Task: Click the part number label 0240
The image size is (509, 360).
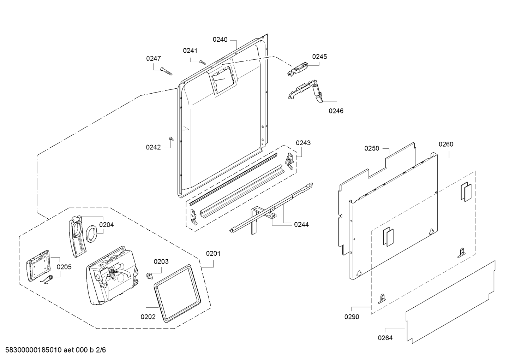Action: (220, 40)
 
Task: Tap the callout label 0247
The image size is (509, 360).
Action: (154, 58)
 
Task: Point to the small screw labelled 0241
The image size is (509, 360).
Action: (202, 61)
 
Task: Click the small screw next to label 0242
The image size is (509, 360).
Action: (172, 139)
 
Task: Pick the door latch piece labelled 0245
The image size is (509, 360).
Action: (298, 69)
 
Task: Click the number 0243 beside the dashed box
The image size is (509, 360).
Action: (303, 143)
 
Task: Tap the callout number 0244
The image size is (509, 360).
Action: (301, 224)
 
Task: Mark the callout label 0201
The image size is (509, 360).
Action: (213, 253)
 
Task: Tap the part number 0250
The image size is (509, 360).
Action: (372, 148)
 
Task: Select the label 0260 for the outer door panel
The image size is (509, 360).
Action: (446, 144)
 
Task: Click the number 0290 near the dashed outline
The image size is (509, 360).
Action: (352, 317)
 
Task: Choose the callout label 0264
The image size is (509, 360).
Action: (385, 338)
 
